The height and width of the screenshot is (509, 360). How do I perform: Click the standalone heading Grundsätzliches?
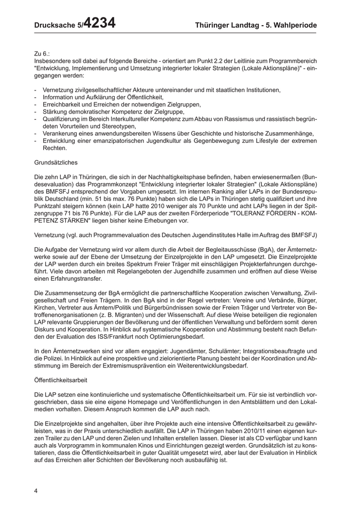point(56,162)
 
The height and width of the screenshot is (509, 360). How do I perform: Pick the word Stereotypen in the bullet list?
point(121,126)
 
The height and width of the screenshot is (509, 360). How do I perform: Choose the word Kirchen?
point(45,307)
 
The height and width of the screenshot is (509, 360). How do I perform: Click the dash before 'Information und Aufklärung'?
point(35,97)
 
